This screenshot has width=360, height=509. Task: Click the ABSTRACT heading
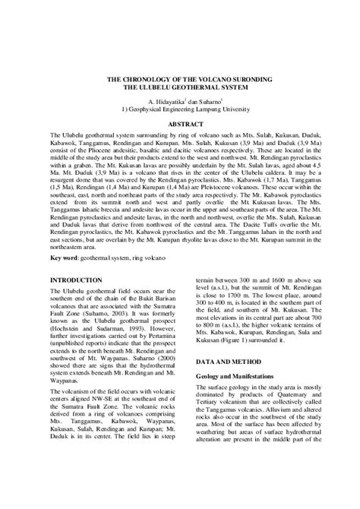(180, 123)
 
